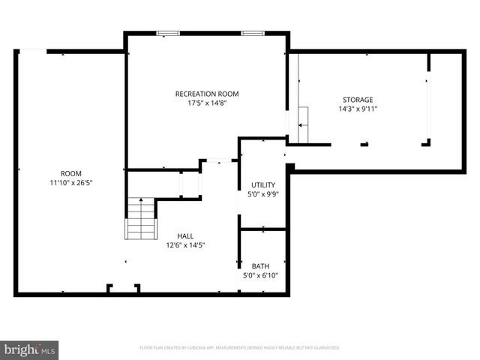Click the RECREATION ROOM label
point(207,94)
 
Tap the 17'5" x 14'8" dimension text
point(207,103)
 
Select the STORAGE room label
point(358,100)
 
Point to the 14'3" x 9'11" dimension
point(358,109)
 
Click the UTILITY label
point(263,184)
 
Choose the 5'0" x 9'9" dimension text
point(263,194)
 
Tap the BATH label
point(260,266)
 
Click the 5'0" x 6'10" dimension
point(260,276)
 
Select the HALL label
point(185,235)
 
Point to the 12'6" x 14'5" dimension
point(185,245)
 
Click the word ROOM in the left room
point(71,172)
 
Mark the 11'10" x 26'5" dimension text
point(71,182)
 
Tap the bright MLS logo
point(30,349)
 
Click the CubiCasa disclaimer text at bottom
point(240,348)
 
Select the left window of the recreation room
point(168,33)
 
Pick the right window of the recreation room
point(252,33)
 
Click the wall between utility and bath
point(262,229)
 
